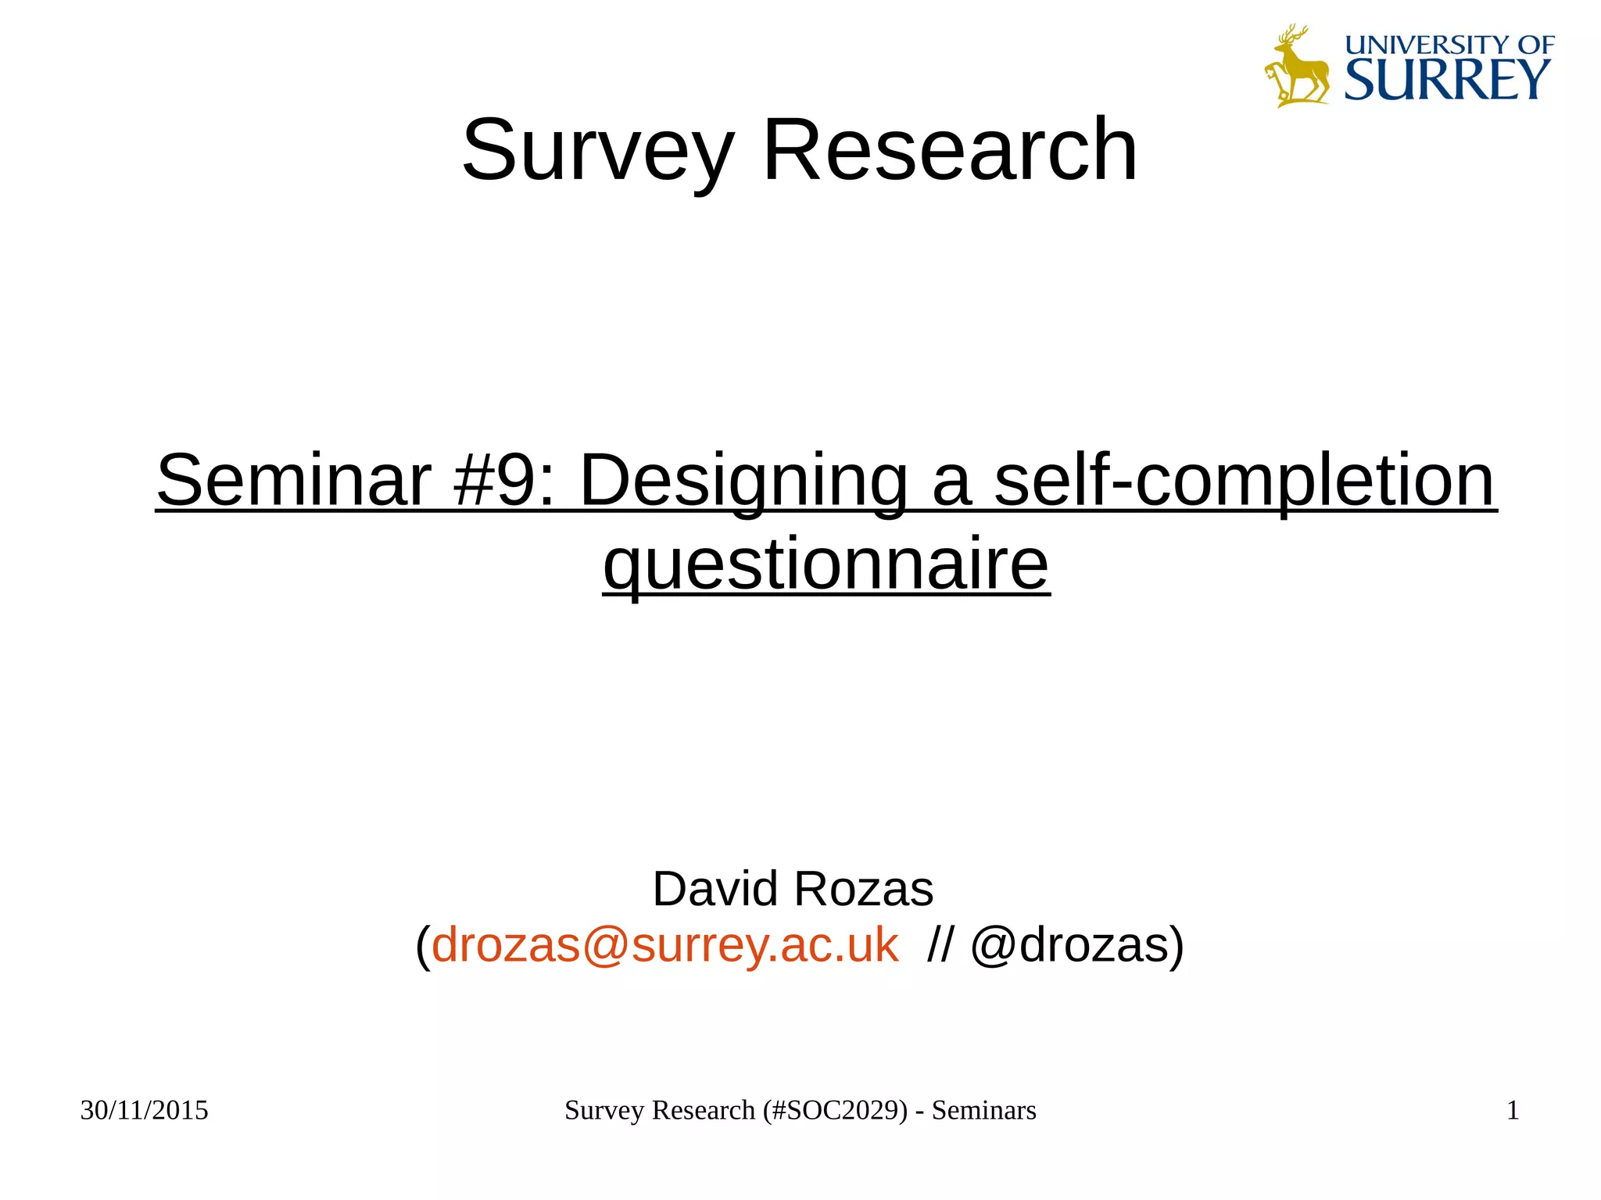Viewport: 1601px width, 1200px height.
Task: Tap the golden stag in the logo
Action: pyautogui.click(x=1296, y=66)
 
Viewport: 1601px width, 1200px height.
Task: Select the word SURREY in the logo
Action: pyautogui.click(x=1447, y=80)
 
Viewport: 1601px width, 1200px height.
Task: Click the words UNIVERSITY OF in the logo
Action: pyautogui.click(x=1449, y=45)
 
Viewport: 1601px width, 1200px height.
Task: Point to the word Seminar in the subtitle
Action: pyautogui.click(x=293, y=480)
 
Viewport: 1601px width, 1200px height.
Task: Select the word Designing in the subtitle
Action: pyautogui.click(x=743, y=482)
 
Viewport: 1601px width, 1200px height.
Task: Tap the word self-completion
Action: pyautogui.click(x=1244, y=482)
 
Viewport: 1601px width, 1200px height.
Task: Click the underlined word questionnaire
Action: pyautogui.click(x=826, y=565)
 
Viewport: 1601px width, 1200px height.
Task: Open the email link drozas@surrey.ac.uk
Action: pyautogui.click(x=664, y=945)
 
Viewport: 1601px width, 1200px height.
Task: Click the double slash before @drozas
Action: pyautogui.click(x=940, y=945)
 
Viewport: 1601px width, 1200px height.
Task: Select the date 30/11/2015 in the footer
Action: pyautogui.click(x=145, y=1110)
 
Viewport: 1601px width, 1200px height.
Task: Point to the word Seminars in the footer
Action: pyautogui.click(x=983, y=1110)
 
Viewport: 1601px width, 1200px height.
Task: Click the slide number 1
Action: pyautogui.click(x=1513, y=1110)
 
